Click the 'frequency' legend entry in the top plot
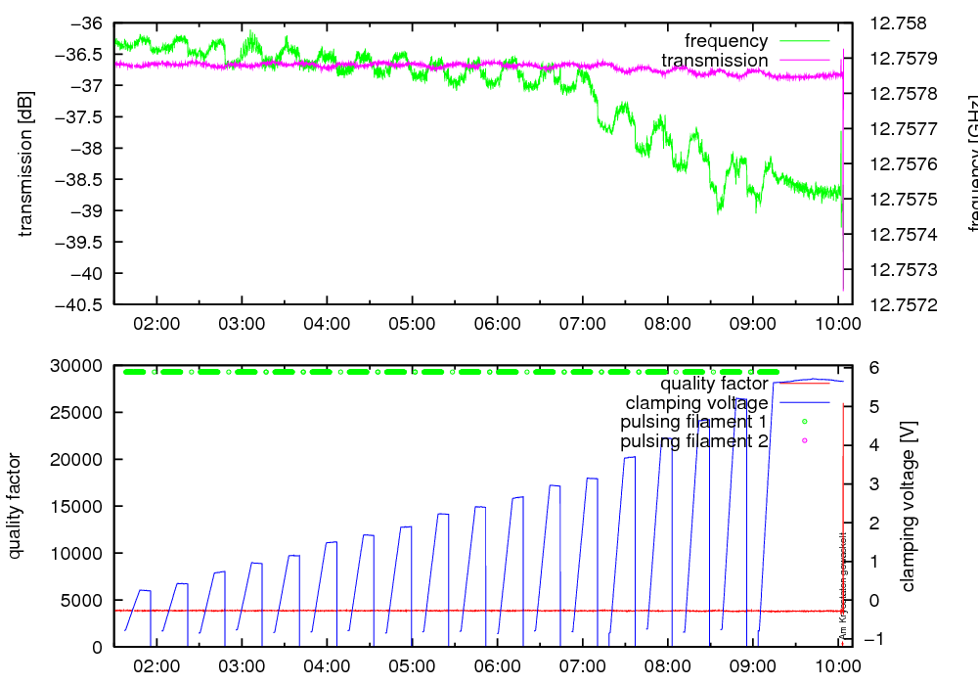(x=726, y=41)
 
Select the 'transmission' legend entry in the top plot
(x=714, y=61)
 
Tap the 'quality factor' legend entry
(x=714, y=384)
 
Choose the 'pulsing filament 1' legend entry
(x=693, y=423)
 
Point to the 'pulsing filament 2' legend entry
(x=693, y=442)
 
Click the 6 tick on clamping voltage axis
(x=873, y=367)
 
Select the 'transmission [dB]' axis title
(x=26, y=163)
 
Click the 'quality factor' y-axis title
(x=15, y=506)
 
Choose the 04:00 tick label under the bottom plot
(x=327, y=665)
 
